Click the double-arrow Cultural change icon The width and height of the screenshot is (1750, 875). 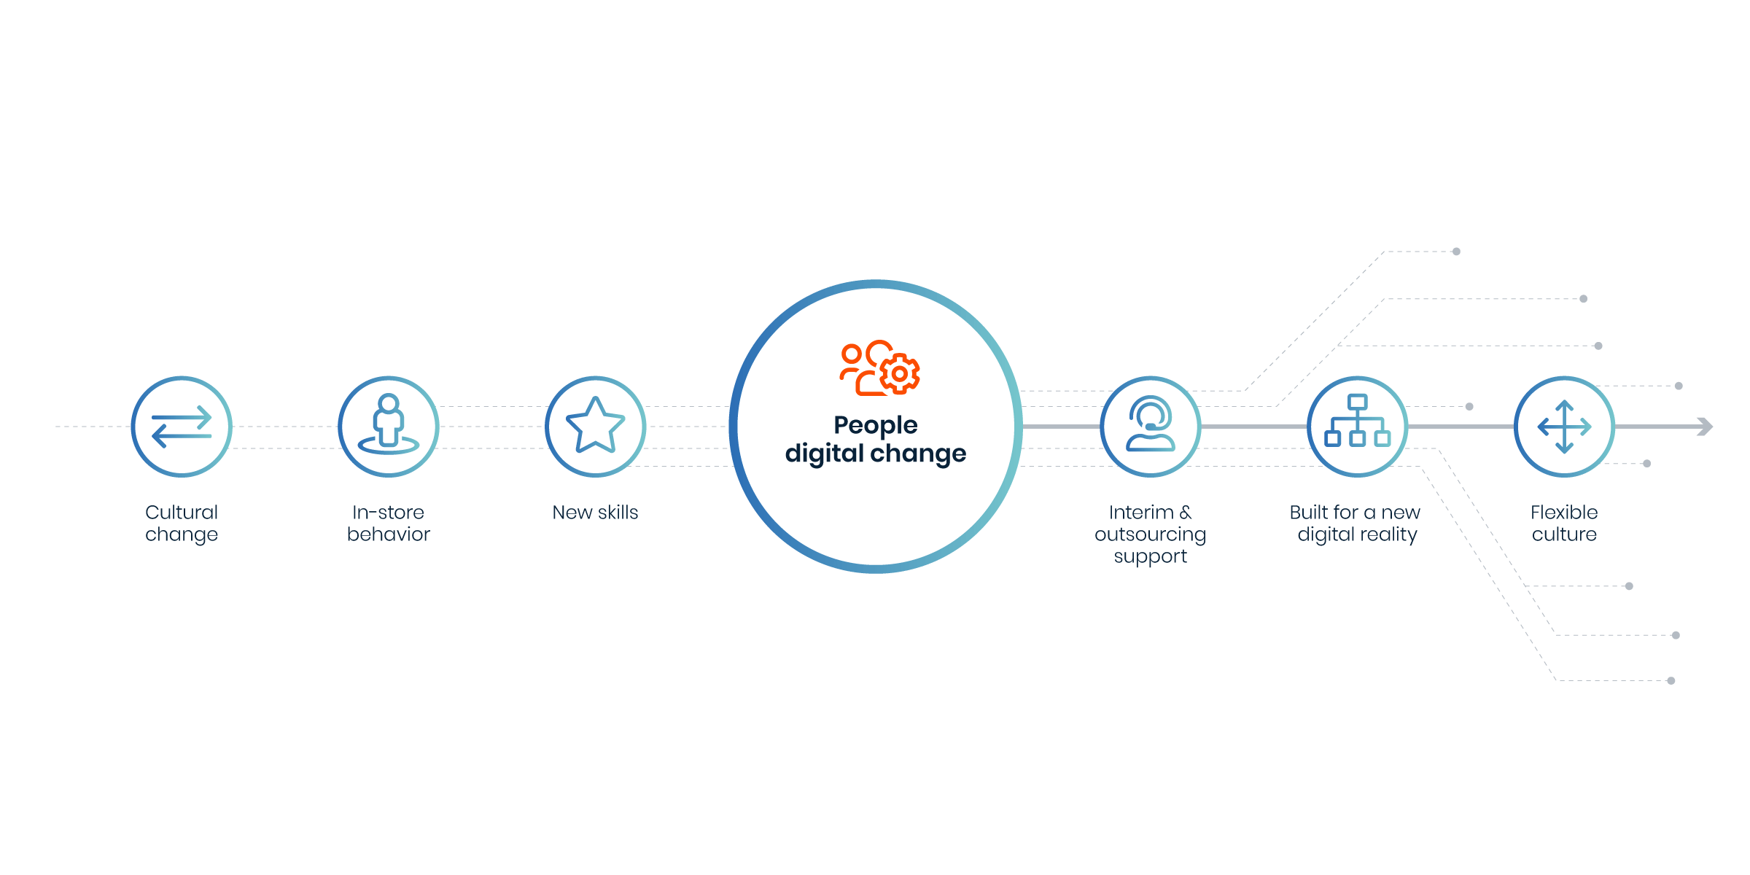click(182, 427)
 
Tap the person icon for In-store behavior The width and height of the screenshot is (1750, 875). click(389, 425)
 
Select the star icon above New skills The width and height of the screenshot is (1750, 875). click(595, 425)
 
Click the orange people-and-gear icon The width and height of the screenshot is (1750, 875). click(879, 368)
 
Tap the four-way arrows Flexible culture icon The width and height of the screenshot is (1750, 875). click(1564, 427)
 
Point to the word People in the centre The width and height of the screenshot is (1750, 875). click(875, 425)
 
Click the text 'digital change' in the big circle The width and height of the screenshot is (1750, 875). click(875, 454)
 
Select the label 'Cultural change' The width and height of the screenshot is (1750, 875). click(182, 524)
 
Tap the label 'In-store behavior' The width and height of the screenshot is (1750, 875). click(389, 524)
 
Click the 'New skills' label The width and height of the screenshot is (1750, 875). click(595, 513)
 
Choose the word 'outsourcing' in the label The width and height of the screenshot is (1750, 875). click(1150, 534)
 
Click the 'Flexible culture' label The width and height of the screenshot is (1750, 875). click(1564, 524)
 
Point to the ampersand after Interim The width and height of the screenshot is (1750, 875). click(1186, 513)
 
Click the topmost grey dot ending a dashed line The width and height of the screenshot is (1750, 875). click(1456, 252)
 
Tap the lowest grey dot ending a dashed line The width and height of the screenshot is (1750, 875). click(1671, 681)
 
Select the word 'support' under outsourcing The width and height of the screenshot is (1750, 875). click(1150, 557)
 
